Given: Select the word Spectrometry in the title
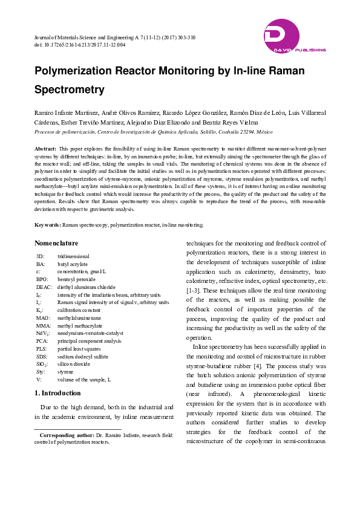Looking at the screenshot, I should point(70,90).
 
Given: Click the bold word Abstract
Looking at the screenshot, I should point(45,148).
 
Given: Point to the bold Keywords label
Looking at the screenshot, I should point(48,224).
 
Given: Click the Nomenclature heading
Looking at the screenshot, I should point(56,243).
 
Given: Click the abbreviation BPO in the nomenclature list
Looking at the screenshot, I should point(42,280).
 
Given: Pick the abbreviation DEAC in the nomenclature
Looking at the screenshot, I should point(44,287).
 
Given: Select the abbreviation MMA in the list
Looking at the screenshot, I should point(42,326).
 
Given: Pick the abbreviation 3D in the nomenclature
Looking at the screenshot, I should point(41,257).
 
